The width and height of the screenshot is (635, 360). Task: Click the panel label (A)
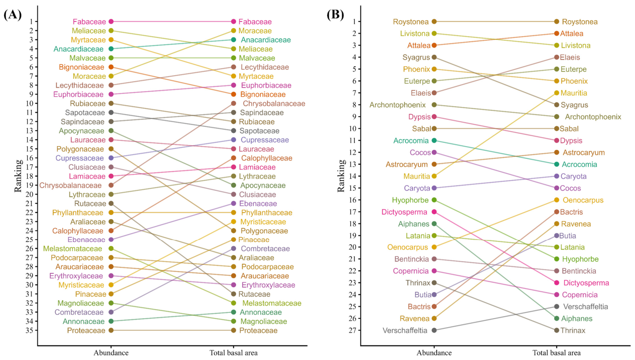point(13,14)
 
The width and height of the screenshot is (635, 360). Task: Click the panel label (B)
point(335,14)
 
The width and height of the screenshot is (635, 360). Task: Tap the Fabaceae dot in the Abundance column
point(111,21)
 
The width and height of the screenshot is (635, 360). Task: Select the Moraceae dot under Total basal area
point(234,31)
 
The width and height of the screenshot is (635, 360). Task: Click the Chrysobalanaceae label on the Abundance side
point(70,185)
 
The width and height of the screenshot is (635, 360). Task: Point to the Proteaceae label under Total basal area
point(258,331)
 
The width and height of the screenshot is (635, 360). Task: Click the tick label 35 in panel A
point(29,331)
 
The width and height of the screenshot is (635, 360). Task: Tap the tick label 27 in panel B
point(352,331)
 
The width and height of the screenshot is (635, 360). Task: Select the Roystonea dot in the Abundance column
point(434,21)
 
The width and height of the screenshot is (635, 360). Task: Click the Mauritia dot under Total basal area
point(557,93)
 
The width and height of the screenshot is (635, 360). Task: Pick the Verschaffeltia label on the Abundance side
point(405,331)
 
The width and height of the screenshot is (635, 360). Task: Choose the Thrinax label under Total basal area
point(573,331)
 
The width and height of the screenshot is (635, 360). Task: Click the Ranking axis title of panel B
point(341,176)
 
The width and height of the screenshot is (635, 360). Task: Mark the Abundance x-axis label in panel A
point(111,353)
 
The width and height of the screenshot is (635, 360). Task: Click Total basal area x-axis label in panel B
point(557,353)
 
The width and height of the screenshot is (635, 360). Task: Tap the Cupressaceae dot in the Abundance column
point(111,158)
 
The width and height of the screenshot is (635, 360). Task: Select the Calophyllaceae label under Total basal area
point(267,158)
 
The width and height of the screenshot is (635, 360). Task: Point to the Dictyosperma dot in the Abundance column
point(434,212)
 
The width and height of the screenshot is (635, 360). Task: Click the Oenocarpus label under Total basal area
point(583,200)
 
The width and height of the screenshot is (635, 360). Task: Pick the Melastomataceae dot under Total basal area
point(234,303)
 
